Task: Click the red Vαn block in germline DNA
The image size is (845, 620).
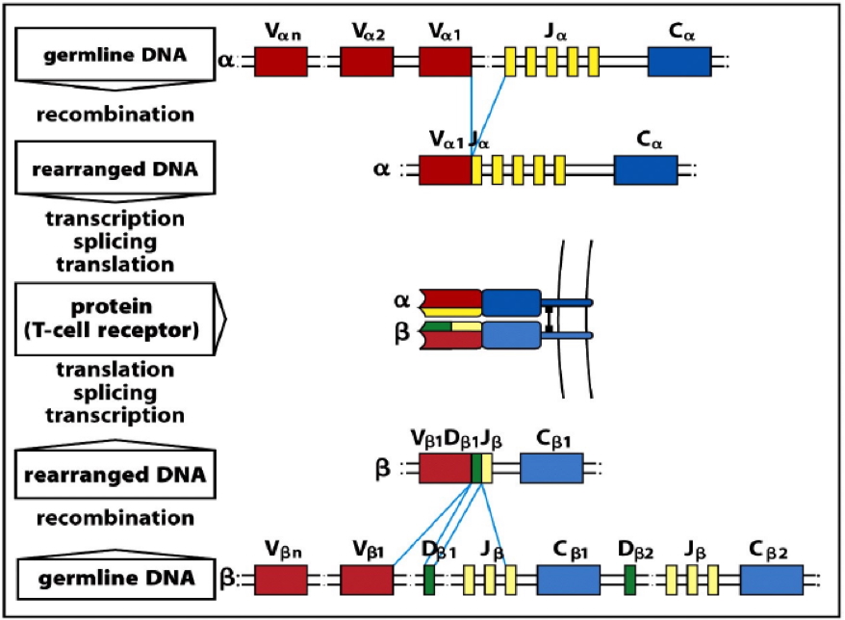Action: tap(281, 62)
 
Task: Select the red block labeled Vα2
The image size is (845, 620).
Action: tap(367, 62)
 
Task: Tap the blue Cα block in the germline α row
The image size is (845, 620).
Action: tap(679, 62)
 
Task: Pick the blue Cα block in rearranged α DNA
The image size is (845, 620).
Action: tap(646, 170)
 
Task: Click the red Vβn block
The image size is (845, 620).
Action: tap(281, 580)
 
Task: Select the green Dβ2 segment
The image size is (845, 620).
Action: tap(629, 580)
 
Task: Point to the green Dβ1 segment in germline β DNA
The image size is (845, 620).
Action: tap(429, 580)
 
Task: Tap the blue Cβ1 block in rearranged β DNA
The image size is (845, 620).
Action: tap(551, 469)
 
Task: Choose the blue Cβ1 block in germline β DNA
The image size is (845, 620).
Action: tap(569, 580)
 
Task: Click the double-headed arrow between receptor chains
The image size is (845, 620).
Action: tap(549, 317)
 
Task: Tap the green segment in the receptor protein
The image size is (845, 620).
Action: tap(439, 329)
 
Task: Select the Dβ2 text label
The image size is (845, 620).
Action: tap(635, 552)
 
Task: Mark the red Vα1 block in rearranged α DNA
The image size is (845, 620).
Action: tap(446, 170)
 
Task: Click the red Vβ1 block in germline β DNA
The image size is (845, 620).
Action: tap(367, 580)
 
